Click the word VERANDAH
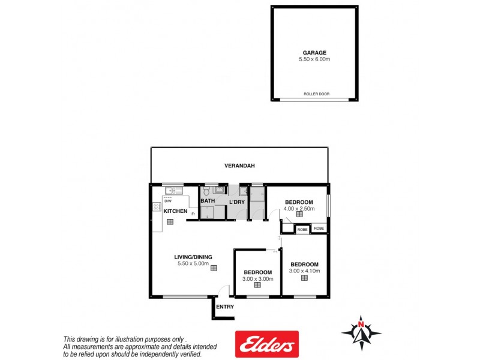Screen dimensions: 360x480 [x=238, y=166]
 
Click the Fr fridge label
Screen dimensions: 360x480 [x=193, y=214]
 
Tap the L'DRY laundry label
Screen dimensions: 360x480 [x=237, y=202]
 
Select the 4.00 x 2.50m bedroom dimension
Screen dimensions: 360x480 [x=299, y=208]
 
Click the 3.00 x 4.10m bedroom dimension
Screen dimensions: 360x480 [x=305, y=271]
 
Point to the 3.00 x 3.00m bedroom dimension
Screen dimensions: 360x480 [x=258, y=279]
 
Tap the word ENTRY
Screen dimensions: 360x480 [x=225, y=307]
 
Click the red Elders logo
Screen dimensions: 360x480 [x=266, y=344]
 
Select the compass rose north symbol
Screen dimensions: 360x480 [x=361, y=331]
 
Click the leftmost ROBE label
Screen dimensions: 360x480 [x=302, y=229]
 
